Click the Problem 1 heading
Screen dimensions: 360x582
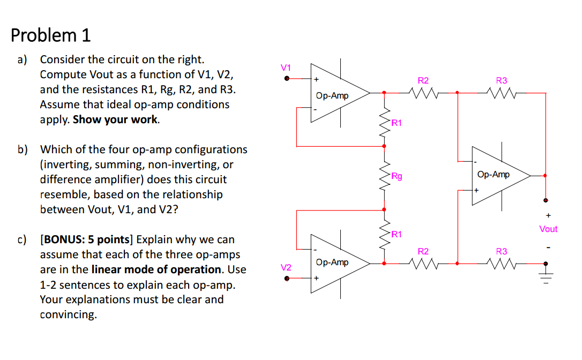[x=51, y=35]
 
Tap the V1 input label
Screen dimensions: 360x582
[x=286, y=67]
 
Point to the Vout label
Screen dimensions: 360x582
[x=548, y=229]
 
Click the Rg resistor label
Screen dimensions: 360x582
[x=397, y=176]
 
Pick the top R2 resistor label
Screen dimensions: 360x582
[x=423, y=80]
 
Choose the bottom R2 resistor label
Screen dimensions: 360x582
[x=423, y=251]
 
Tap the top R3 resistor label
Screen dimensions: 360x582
[x=501, y=80]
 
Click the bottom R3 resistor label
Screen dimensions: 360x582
[x=501, y=251]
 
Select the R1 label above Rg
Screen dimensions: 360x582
[x=397, y=123]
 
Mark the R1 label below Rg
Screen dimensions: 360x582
[x=397, y=234]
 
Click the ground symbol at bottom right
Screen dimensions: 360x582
[x=546, y=279]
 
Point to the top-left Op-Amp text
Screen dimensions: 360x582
[x=332, y=96]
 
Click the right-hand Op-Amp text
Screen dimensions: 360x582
[x=493, y=175]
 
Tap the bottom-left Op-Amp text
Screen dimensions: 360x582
[x=332, y=262]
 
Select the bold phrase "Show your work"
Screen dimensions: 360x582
[x=115, y=119]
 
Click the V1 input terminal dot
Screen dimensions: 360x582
[x=287, y=78]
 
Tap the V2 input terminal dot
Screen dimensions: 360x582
[x=287, y=278]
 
